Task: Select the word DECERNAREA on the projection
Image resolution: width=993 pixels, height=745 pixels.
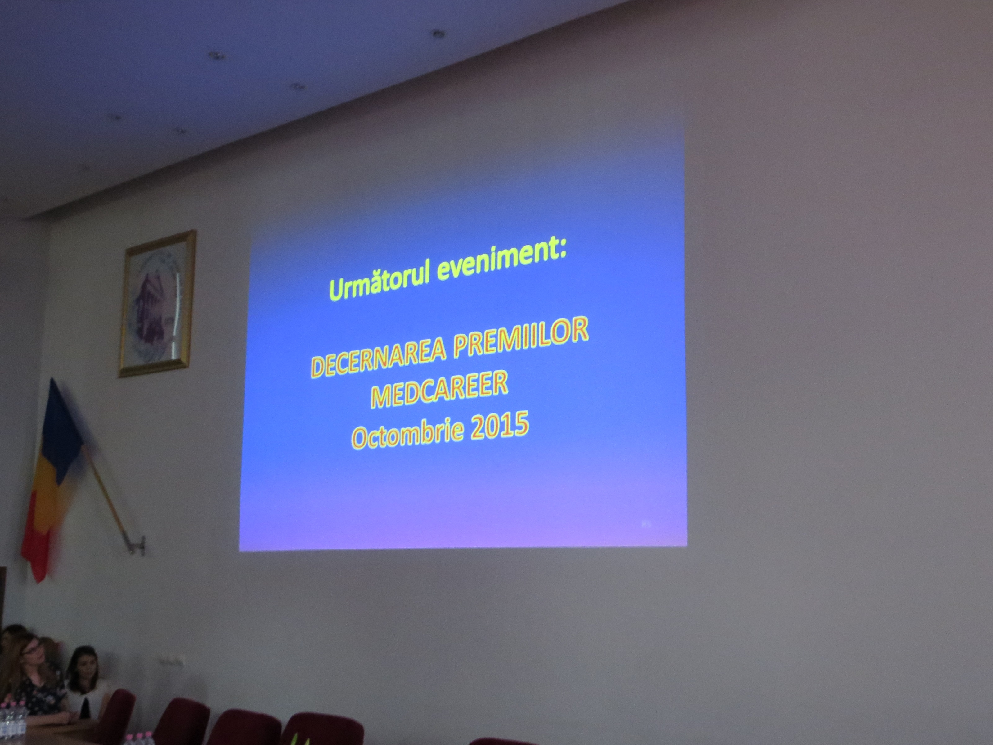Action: pyautogui.click(x=378, y=356)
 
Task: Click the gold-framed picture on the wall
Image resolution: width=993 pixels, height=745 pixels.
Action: pyautogui.click(x=157, y=304)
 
